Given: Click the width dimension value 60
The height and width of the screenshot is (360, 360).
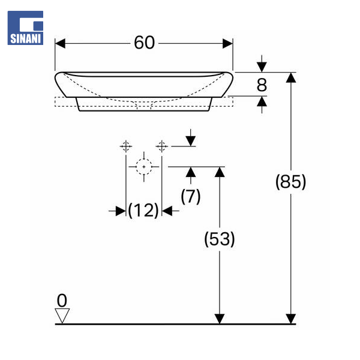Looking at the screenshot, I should [x=144, y=43].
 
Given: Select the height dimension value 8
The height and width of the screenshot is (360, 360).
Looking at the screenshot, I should [x=262, y=85].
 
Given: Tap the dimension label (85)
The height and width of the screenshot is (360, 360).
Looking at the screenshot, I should [x=290, y=182].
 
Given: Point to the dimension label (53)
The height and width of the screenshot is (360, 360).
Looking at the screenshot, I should [x=220, y=239].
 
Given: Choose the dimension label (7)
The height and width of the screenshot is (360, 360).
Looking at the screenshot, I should [x=191, y=196].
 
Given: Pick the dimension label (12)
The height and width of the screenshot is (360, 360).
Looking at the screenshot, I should [x=143, y=210].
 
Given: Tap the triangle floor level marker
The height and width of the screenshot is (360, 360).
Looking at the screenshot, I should [x=62, y=314].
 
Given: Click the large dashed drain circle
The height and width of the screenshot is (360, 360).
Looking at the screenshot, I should [x=143, y=166].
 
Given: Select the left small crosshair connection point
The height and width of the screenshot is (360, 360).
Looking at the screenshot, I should [x=126, y=146].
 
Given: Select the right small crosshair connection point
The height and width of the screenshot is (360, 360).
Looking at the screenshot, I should [x=161, y=146].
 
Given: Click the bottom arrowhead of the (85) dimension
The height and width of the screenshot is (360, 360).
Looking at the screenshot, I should [x=291, y=318].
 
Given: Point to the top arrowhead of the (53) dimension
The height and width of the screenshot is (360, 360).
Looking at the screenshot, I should [x=220, y=172].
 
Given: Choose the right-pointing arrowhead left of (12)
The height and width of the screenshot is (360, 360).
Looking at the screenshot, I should [x=121, y=210].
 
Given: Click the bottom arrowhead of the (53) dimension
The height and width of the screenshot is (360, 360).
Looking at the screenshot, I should [x=220, y=318].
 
